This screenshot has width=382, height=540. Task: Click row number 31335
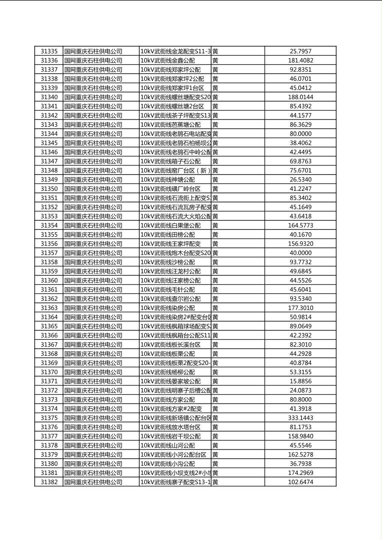49,51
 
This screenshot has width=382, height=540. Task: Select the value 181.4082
300,61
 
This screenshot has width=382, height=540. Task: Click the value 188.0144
300,97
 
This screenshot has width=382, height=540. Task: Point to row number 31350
49,189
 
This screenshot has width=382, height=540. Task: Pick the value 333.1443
300,418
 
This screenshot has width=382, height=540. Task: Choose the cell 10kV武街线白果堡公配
170,225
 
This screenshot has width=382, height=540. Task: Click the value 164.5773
300,225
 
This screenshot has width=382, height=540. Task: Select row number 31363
49,308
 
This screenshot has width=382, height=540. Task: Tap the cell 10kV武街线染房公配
167,308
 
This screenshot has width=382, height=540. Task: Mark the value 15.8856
300,381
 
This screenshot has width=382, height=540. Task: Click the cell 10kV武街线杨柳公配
167,372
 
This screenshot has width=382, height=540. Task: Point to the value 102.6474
300,482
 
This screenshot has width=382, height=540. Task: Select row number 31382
49,482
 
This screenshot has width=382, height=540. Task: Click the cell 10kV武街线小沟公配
167,464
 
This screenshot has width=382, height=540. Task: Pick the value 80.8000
300,400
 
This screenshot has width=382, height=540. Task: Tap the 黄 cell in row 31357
215,253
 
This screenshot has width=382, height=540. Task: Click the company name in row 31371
93,381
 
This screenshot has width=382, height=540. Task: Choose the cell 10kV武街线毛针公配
167,290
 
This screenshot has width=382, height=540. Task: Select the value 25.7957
300,51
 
